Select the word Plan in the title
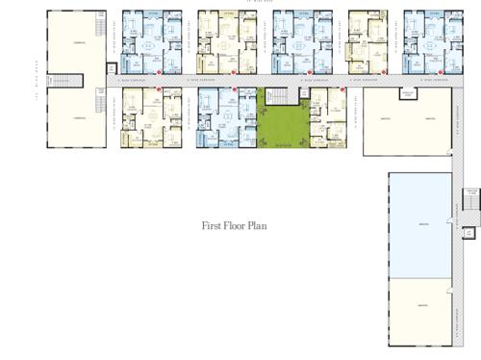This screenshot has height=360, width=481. click(x=257, y=226)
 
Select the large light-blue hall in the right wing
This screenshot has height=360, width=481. click(x=420, y=224)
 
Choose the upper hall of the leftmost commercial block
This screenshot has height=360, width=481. click(x=76, y=43)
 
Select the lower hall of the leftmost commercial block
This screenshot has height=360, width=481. click(x=76, y=116)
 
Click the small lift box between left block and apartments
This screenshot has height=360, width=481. click(x=113, y=69)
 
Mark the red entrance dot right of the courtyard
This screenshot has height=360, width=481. click(x=313, y=93)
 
